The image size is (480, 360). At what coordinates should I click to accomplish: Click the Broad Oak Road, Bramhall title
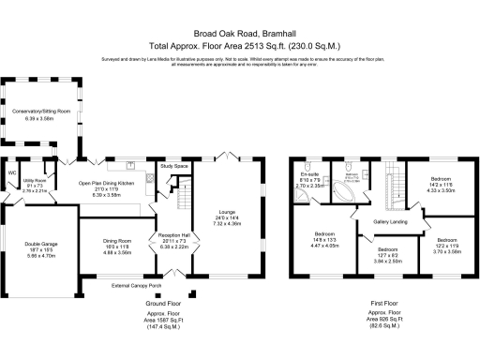(x=239, y=30)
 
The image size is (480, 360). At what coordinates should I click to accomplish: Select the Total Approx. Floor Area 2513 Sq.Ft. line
(x=239, y=44)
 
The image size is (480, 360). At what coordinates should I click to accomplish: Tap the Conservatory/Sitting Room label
(x=41, y=111)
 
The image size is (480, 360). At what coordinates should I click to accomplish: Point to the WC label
(x=12, y=172)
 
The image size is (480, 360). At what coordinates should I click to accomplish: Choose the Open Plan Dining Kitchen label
(x=107, y=183)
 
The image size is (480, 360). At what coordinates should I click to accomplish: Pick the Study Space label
(x=174, y=166)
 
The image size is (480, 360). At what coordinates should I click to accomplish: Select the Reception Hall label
(x=174, y=236)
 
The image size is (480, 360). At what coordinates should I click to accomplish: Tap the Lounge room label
(x=229, y=214)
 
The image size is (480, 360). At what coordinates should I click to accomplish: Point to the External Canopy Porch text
(x=136, y=285)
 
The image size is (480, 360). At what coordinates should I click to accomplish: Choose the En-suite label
(x=310, y=175)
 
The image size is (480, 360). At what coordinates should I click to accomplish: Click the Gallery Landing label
(x=387, y=222)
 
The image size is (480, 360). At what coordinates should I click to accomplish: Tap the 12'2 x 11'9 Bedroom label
(x=446, y=241)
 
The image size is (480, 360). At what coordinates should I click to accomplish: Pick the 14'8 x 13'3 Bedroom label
(x=324, y=233)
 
